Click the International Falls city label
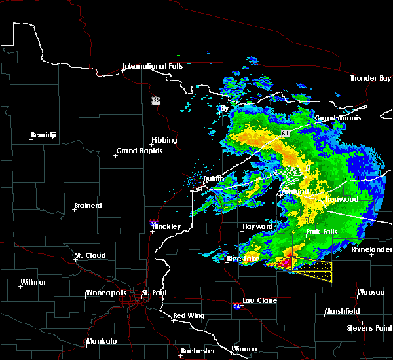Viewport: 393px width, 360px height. pos(155,66)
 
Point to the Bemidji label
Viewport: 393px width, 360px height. pos(45,135)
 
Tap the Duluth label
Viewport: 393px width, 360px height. pos(214,179)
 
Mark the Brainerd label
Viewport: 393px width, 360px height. pos(87,206)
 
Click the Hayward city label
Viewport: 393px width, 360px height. pos(257,226)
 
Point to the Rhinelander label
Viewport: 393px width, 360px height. pos(371,249)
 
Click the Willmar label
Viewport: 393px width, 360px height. pos(33,282)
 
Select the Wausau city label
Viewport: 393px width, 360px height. pos(370,292)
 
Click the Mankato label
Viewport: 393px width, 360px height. pos(101,341)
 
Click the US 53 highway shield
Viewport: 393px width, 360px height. pos(155,100)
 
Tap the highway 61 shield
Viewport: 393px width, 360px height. pos(286,133)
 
